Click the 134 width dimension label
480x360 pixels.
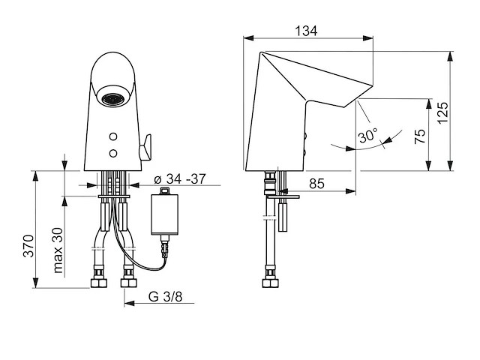click(306, 31)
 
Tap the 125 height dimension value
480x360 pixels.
click(442, 112)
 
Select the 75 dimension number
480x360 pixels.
click(420, 136)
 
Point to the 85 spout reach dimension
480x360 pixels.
click(316, 184)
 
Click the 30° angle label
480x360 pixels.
click(367, 135)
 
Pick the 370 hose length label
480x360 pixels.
click(28, 246)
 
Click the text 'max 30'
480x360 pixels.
click(58, 250)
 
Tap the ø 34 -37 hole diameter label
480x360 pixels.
click(180, 179)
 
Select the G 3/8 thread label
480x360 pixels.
click(165, 296)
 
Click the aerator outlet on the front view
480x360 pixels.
click(113, 99)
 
